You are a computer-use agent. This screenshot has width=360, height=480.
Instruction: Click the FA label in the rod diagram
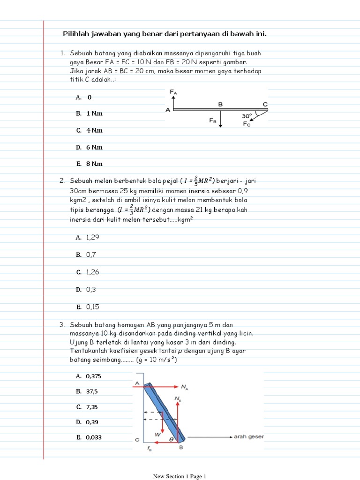click(x=173, y=93)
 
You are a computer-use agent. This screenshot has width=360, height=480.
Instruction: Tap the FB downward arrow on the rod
click(x=221, y=119)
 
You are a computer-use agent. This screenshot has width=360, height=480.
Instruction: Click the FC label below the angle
click(x=247, y=124)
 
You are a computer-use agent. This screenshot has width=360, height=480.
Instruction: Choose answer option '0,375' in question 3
click(x=93, y=376)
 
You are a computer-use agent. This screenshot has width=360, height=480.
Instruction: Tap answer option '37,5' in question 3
click(x=91, y=391)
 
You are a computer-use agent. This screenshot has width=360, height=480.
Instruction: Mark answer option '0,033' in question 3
click(x=94, y=437)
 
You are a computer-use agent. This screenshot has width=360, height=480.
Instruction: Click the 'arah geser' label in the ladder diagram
click(x=249, y=437)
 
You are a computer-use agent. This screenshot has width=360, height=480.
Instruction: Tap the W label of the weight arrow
click(x=158, y=435)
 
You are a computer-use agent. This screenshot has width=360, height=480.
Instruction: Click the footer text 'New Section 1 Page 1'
click(x=180, y=476)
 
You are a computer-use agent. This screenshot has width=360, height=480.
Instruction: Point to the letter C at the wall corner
click(x=137, y=440)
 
